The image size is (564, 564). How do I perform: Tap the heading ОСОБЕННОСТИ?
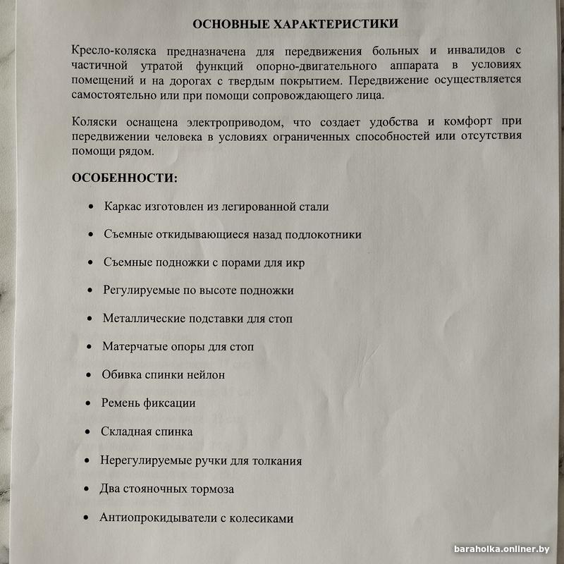[x=125, y=178]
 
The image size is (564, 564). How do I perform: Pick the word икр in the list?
[x=295, y=262]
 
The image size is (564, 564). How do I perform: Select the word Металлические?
[x=144, y=318]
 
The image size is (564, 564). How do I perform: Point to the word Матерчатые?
[x=133, y=346]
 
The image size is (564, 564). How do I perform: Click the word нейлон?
[x=207, y=374]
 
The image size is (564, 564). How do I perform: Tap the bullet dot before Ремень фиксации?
[x=87, y=404]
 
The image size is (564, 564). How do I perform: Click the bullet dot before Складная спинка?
[x=87, y=432]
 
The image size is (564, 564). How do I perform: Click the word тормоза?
[x=212, y=489]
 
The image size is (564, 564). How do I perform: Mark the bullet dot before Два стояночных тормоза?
[x=86, y=489]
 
